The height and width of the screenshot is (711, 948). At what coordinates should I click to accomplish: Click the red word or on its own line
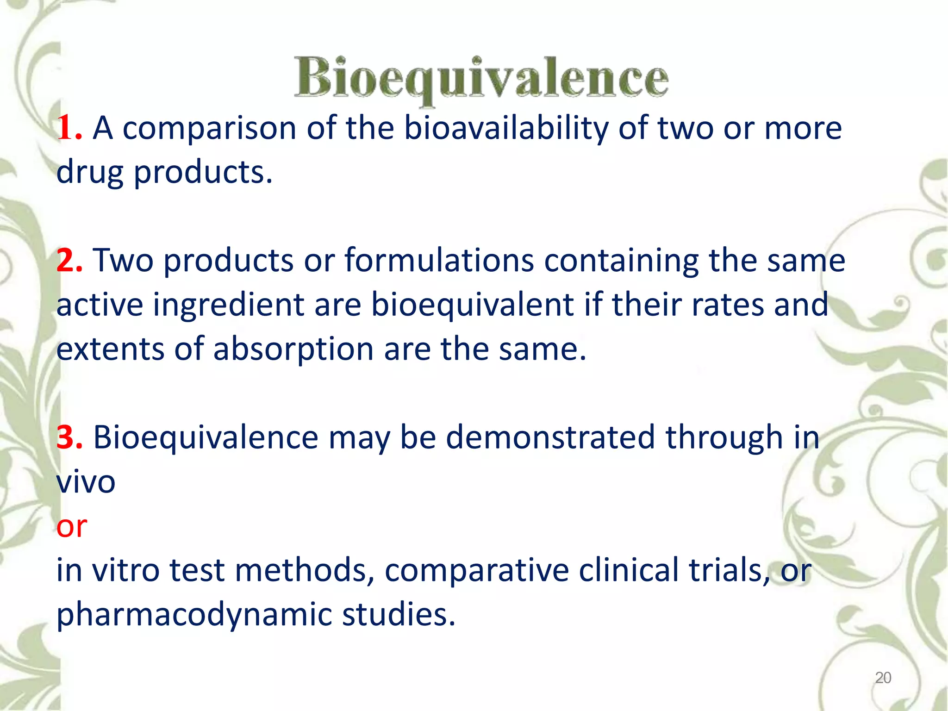[x=72, y=527]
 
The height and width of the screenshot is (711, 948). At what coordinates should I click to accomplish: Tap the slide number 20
[x=883, y=678]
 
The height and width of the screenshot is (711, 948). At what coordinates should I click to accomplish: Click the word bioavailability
[x=506, y=128]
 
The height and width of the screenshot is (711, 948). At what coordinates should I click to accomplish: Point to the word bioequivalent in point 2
[x=472, y=306]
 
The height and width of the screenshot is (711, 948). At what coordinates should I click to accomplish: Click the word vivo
[x=86, y=482]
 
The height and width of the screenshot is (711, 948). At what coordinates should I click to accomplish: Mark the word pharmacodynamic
[x=194, y=615]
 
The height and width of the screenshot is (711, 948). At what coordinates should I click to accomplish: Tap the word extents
[x=110, y=349]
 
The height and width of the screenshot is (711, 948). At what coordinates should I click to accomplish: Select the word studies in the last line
[x=399, y=615]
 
